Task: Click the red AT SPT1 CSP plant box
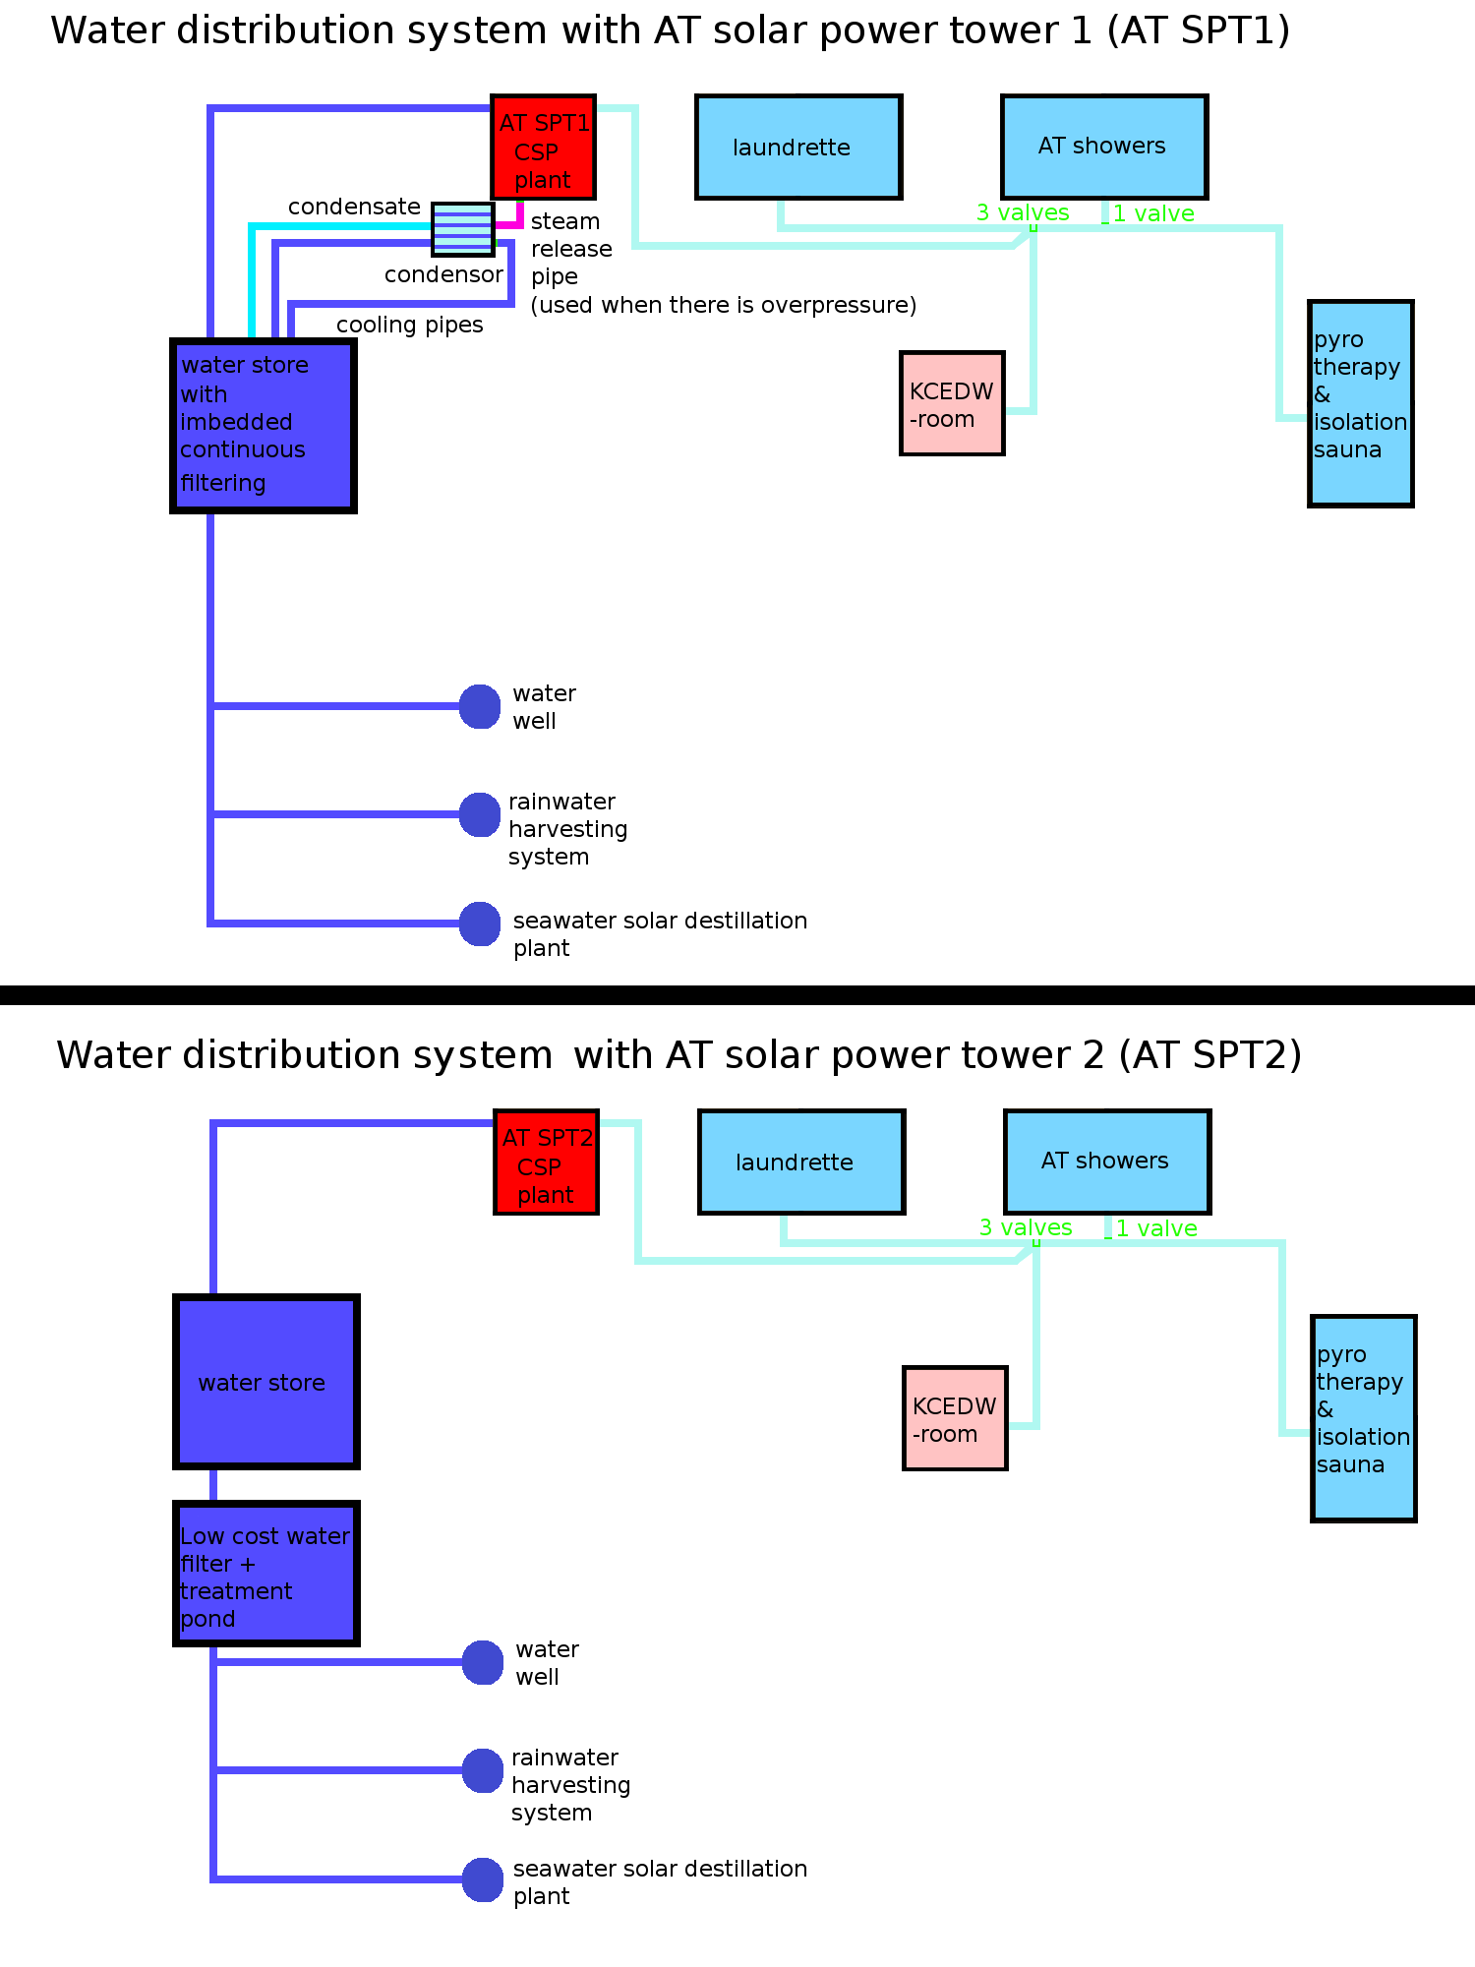point(544,148)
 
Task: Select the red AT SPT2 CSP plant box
point(547,1162)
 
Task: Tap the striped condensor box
point(462,229)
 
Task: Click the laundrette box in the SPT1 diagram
point(798,148)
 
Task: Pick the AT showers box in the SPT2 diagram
point(1107,1162)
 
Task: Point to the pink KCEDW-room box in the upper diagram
point(952,403)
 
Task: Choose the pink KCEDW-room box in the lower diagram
point(955,1418)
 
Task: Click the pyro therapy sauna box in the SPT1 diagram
point(1361,403)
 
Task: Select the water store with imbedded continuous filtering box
point(264,426)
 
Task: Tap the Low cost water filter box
point(265,1574)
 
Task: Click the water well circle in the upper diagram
point(480,706)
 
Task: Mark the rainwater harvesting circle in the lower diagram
point(483,1770)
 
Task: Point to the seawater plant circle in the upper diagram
point(480,924)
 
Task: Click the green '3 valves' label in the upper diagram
point(1023,212)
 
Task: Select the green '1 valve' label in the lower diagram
point(1156,1228)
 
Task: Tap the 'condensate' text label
point(354,207)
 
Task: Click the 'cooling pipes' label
point(409,325)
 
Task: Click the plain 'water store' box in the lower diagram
point(265,1382)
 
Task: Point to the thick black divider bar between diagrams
point(737,994)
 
